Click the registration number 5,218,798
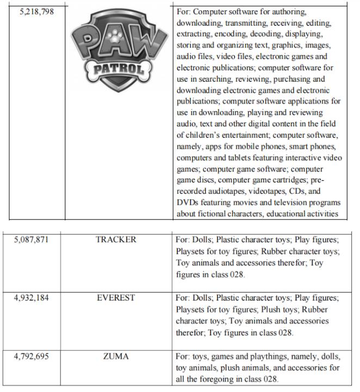click(33, 11)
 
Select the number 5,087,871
click(33, 240)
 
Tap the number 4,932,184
click(33, 298)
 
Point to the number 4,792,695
click(33, 357)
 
